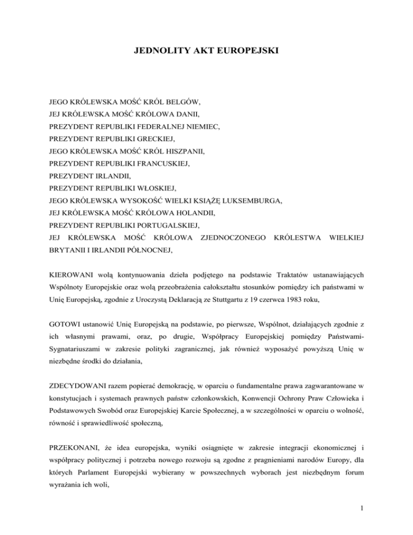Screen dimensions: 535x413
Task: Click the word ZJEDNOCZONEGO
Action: [232, 237]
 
